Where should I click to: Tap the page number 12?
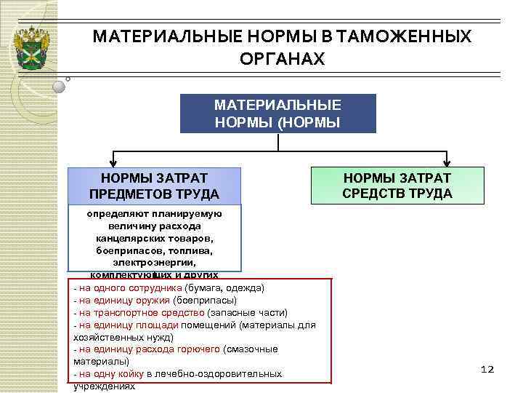click(x=487, y=370)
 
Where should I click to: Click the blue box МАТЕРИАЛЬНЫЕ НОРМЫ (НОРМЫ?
click(x=278, y=113)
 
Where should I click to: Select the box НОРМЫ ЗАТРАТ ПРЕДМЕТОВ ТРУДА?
click(x=154, y=186)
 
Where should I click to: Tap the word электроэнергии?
click(x=154, y=261)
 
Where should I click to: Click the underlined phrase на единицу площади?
click(x=129, y=325)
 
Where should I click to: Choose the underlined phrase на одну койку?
click(x=113, y=374)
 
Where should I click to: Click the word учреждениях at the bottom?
click(x=105, y=386)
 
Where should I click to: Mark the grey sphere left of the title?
click(x=60, y=87)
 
